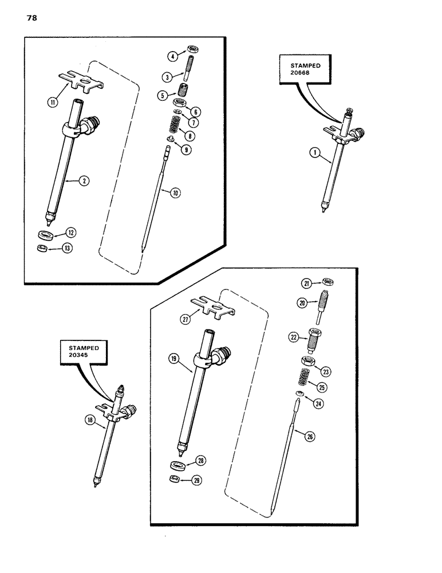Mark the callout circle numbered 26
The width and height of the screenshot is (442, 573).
(x=310, y=438)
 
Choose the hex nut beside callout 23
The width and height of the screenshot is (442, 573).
(x=308, y=362)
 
